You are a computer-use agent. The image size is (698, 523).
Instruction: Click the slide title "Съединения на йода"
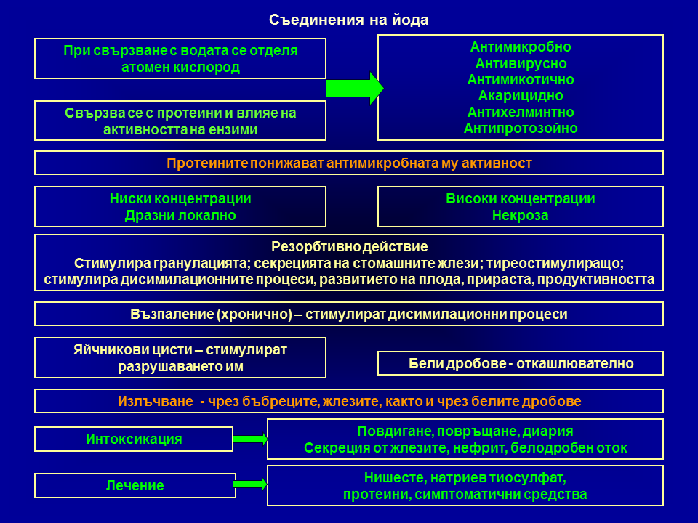point(348,20)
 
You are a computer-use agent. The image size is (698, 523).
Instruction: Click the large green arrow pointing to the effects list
point(355,88)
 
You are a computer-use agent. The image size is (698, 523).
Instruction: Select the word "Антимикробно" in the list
point(521,46)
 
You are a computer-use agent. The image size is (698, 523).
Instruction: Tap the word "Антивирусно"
point(521,63)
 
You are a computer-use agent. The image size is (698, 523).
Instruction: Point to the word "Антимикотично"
point(521,80)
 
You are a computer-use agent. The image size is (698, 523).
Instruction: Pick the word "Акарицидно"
point(521,96)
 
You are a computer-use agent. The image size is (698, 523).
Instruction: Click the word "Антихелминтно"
point(521,112)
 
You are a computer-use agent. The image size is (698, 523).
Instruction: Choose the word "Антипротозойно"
point(521,129)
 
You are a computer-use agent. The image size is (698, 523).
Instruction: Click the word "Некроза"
point(520,215)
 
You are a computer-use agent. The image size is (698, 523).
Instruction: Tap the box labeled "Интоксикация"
point(134,439)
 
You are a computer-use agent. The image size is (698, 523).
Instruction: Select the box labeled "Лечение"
point(135,485)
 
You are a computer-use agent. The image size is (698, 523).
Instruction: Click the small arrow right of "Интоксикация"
point(250,439)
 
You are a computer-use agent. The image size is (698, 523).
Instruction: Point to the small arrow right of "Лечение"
point(251,484)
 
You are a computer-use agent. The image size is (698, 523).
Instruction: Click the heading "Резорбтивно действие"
point(349,246)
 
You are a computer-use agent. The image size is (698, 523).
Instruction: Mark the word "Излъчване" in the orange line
point(156,401)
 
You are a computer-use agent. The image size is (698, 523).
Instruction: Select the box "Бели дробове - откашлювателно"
point(521,363)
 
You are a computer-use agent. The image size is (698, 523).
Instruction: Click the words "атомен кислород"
point(180,67)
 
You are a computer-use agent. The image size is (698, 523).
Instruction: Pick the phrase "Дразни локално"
point(180,215)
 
